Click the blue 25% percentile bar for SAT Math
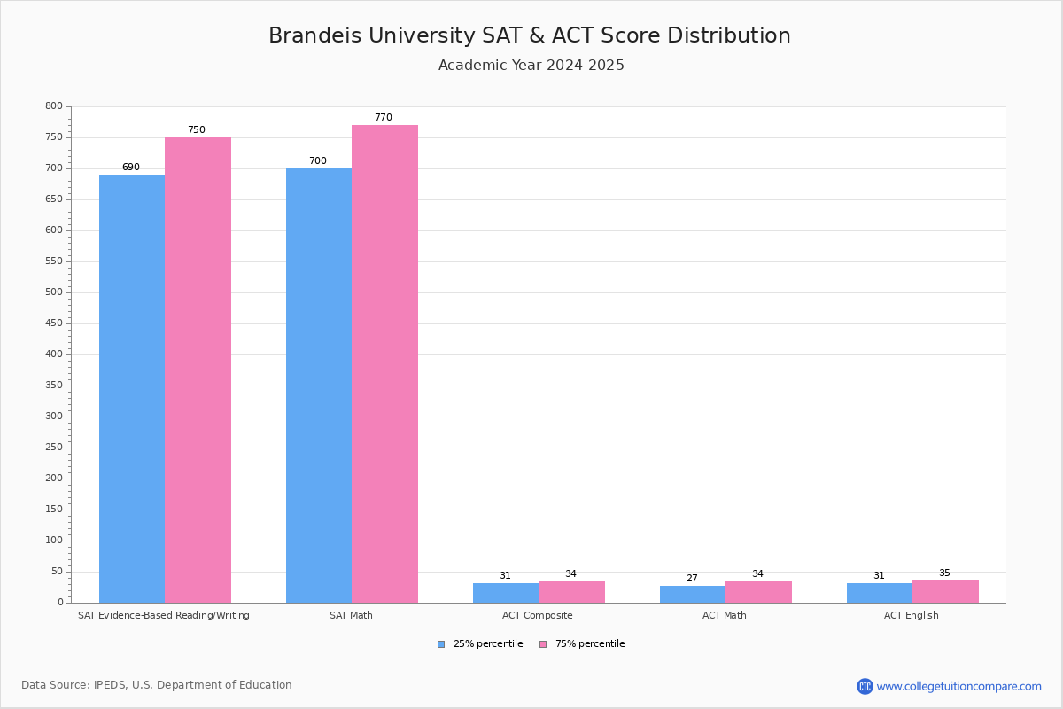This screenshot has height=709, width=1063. [x=319, y=386]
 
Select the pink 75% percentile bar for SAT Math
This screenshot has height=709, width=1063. [x=384, y=363]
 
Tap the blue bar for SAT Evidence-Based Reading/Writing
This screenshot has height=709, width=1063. [x=132, y=388]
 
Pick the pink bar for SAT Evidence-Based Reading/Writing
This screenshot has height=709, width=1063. [x=198, y=370]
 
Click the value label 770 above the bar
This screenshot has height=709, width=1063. [x=383, y=118]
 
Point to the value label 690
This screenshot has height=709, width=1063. [x=131, y=168]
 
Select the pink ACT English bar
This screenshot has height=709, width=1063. [x=945, y=592]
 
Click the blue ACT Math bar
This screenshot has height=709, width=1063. [x=693, y=595]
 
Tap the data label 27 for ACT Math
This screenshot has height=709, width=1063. [x=692, y=579]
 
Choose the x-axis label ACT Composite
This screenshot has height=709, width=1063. [x=538, y=615]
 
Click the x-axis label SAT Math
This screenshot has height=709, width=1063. [x=351, y=615]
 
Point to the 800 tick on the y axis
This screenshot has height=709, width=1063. [x=54, y=106]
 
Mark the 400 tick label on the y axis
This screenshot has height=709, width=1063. [x=54, y=354]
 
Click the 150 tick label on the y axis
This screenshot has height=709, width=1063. [x=54, y=510]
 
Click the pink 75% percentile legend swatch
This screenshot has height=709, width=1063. [x=543, y=644]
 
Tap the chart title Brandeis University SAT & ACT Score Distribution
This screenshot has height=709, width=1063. [x=530, y=35]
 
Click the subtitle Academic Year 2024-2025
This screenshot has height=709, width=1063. [x=531, y=66]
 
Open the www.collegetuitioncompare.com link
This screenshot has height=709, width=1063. [x=958, y=686]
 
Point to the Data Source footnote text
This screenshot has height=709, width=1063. [x=157, y=685]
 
